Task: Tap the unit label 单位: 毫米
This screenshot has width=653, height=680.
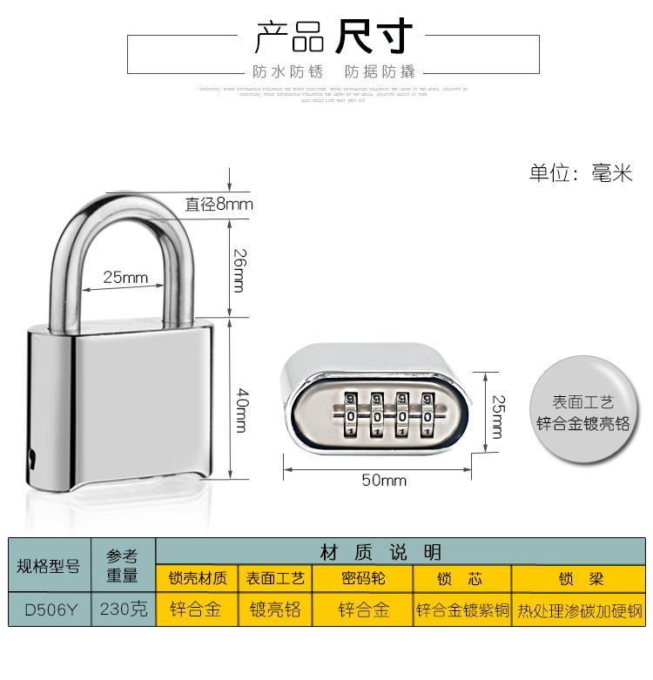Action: [580, 172]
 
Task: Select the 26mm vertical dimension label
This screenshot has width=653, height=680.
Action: [240, 269]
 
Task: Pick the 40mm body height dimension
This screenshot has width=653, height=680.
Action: [240, 401]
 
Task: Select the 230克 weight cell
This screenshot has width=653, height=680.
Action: [123, 609]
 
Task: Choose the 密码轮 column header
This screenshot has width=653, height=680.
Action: [362, 578]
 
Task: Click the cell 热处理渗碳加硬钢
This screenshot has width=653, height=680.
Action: [578, 609]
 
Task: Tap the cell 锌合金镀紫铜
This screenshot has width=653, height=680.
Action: [462, 609]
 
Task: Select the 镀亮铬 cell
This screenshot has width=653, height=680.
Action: [274, 609]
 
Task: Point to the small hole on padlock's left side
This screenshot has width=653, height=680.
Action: [33, 454]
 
